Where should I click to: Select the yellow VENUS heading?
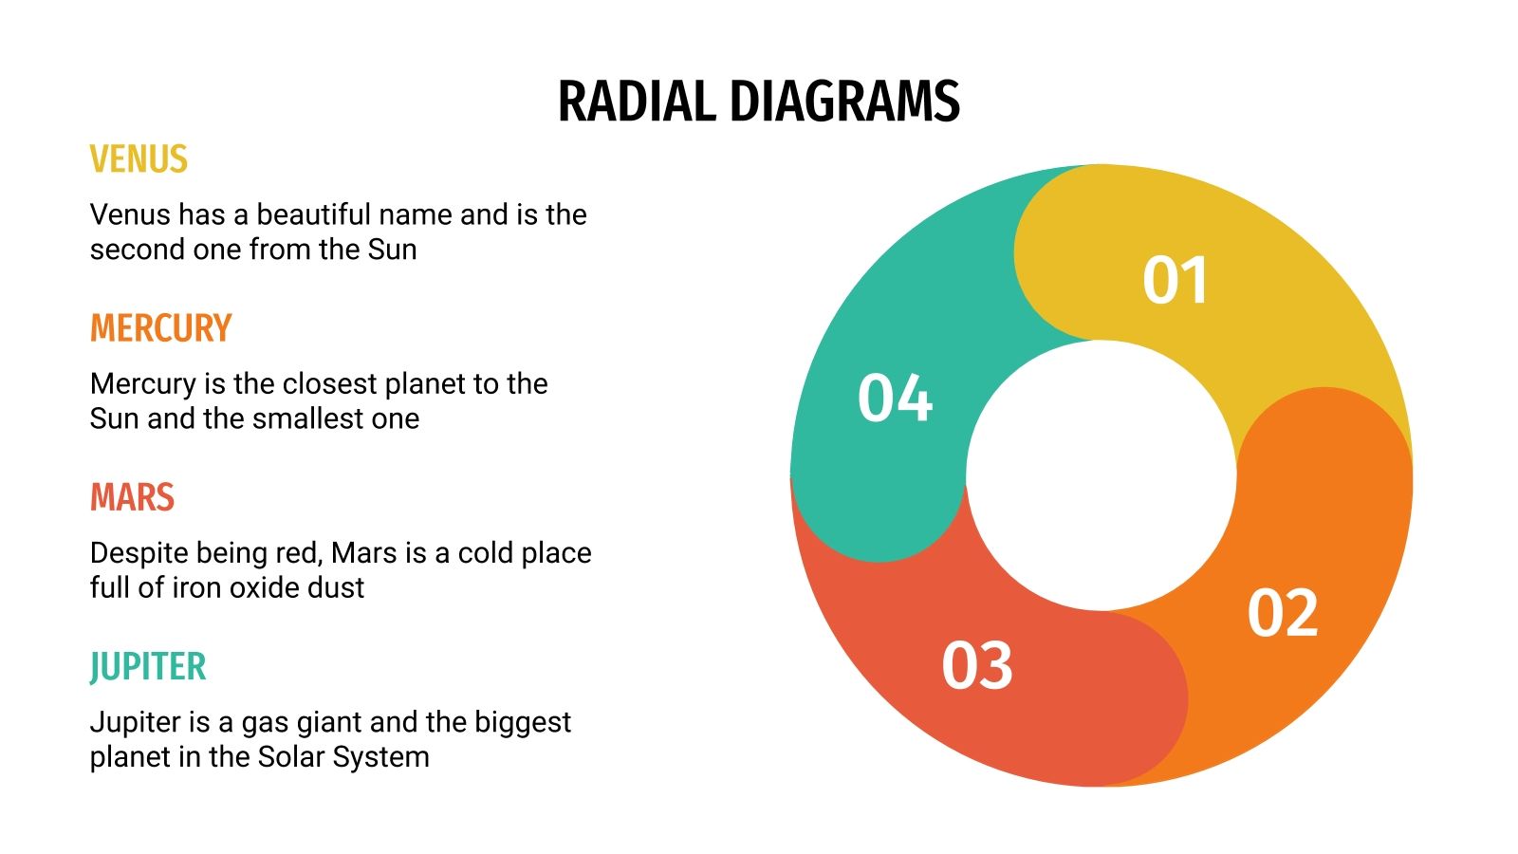[139, 159]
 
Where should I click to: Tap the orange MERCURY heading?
[160, 328]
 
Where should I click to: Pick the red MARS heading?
[132, 497]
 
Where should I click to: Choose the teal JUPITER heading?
[147, 666]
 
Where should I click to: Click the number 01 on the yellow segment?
[1175, 281]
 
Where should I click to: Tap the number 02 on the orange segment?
[1283, 613]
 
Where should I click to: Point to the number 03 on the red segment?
[977, 665]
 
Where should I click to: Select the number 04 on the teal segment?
[895, 398]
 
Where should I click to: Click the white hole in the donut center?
[1101, 474]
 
